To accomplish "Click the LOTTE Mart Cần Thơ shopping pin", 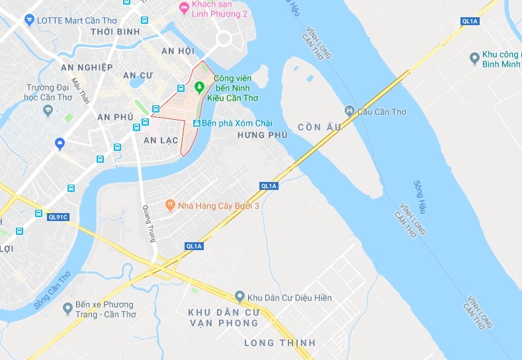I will coord(29,20).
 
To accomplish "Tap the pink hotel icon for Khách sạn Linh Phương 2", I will coord(184,8).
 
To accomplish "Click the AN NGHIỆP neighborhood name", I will coord(87,67).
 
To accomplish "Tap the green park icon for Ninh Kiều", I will coord(198,87).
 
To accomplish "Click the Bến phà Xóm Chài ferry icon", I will coord(196,124).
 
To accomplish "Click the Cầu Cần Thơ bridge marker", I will coord(350,111).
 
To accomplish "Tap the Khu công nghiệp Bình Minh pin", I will coord(474,59).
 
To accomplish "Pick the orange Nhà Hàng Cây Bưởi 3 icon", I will coord(170,206).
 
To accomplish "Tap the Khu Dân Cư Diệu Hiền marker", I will coord(240,297).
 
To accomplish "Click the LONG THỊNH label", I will coord(280,343).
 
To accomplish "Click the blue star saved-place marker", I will coord(60,143).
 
